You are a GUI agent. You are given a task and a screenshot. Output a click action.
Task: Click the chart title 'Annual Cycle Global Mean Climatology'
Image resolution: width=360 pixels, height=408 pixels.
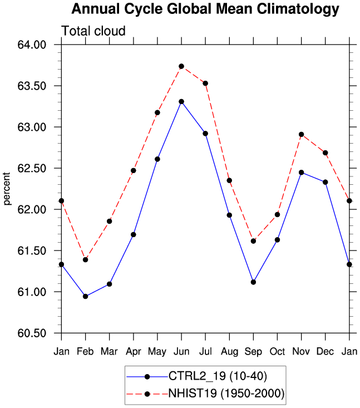pos(205,9)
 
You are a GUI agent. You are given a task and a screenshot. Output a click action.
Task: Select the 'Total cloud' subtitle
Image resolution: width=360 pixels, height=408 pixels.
pos(93,31)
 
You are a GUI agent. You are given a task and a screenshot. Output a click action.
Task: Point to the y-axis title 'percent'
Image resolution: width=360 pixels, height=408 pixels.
pos(7,189)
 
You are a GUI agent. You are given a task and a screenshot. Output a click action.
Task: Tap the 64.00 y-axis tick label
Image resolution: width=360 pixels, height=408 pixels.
pos(32,45)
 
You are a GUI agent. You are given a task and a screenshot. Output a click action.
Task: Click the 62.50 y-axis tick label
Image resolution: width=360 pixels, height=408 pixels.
pos(32,168)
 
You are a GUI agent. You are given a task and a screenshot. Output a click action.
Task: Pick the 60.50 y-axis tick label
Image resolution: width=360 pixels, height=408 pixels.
pos(32,333)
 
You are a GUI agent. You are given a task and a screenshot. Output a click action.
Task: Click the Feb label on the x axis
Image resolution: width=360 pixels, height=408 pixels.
pos(85,352)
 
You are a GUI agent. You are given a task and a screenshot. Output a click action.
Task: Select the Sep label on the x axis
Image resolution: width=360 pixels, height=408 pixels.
pos(253,352)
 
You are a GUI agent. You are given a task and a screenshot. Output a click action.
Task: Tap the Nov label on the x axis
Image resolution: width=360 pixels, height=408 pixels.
pos(301,352)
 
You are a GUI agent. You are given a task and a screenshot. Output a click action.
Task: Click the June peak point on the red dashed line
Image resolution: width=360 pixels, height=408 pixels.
pos(181,66)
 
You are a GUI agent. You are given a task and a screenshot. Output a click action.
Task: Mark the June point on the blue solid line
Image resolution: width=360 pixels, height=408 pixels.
pos(181,101)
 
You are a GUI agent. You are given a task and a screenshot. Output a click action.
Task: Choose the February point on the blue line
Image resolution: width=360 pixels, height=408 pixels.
pos(85,296)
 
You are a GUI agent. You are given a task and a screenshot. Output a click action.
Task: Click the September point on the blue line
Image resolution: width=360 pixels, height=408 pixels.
pos(253,282)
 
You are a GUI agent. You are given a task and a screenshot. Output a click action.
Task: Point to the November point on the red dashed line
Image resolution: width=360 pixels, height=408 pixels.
pos(301,135)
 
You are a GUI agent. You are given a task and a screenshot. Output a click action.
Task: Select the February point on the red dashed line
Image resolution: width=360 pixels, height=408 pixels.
pos(85,260)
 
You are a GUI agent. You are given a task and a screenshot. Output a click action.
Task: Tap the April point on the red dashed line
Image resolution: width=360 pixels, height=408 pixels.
pos(134,171)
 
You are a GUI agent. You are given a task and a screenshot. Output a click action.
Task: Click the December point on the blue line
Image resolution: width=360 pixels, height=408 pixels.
pos(325,182)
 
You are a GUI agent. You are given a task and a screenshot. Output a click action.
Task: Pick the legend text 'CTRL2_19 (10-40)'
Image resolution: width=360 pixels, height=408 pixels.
pos(218,376)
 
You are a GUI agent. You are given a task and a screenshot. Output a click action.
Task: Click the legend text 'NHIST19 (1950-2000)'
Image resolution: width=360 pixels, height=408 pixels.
pos(226,394)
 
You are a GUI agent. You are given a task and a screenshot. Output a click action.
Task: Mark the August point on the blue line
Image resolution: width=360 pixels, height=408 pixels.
pos(229,215)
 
